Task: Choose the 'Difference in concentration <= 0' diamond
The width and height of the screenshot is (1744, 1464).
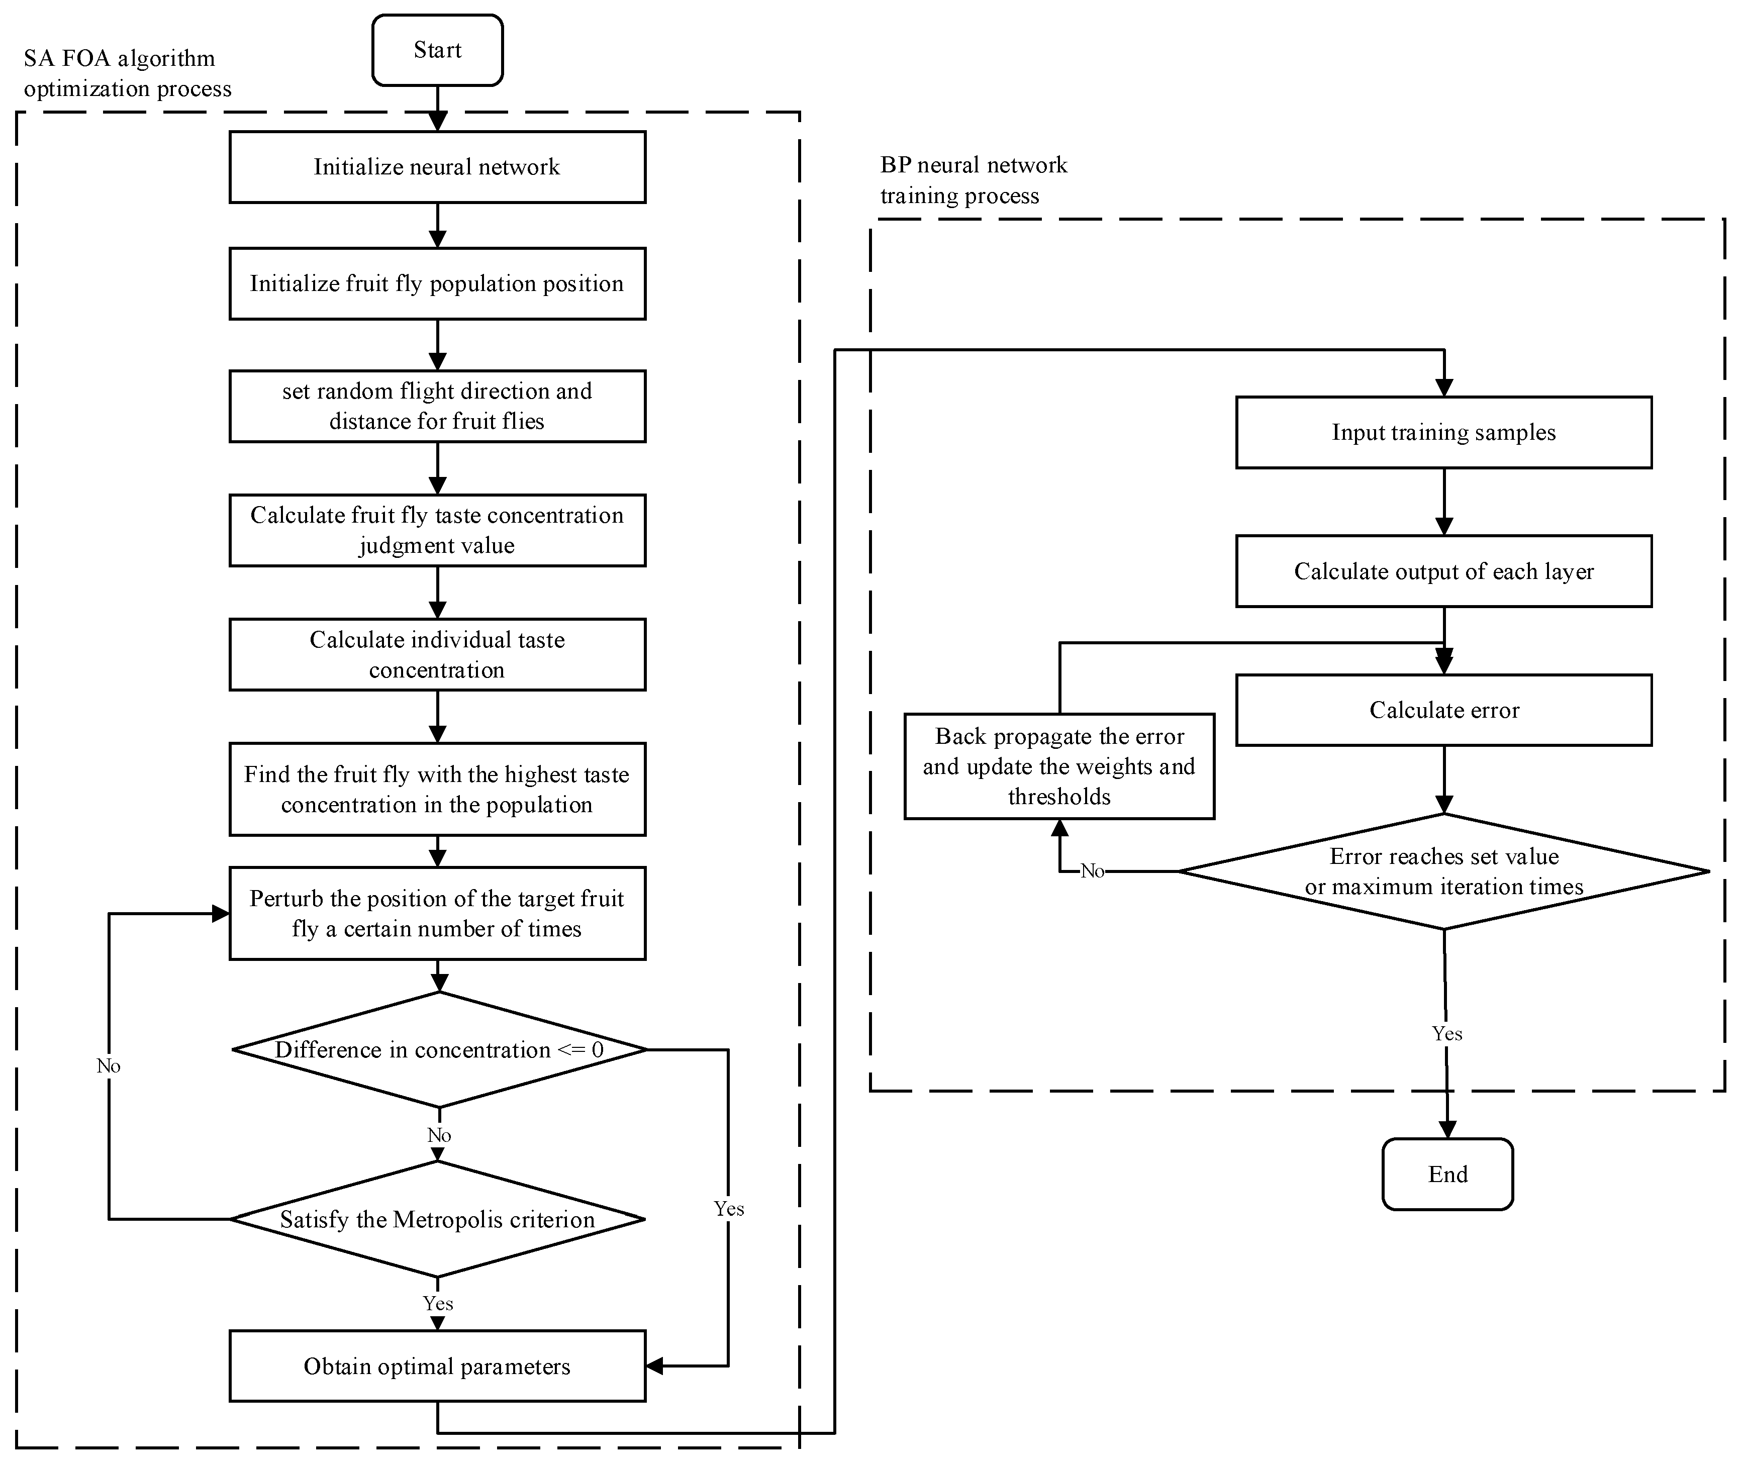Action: pos(438,1050)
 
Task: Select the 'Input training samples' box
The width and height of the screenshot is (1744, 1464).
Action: pos(1443,433)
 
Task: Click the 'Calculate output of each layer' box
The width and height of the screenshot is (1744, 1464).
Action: pos(1443,571)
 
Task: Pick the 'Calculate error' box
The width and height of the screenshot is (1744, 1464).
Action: pos(1443,710)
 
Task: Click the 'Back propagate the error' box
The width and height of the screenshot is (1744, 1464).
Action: pos(1059,766)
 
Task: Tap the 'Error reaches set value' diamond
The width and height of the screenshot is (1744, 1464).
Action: pos(1443,871)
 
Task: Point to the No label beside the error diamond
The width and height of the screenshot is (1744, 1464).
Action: pos(1092,871)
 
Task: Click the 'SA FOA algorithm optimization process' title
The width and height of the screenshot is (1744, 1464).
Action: pos(127,73)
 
